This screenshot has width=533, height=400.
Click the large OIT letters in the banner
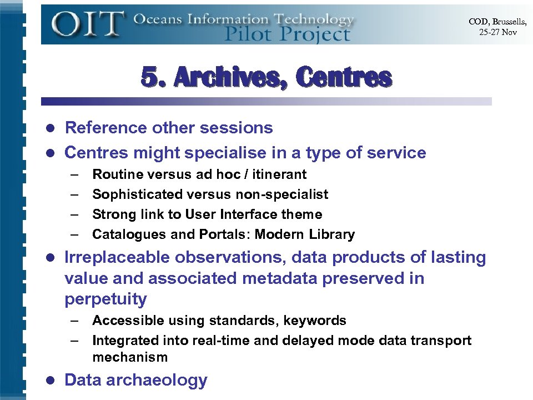[87, 24]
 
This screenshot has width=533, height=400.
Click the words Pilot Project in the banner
[287, 34]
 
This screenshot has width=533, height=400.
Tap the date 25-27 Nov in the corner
[497, 32]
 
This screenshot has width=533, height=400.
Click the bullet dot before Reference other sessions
[49, 128]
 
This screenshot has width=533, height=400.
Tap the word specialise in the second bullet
[221, 152]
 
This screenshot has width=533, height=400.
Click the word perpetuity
[105, 299]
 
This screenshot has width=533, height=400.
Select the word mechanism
[130, 357]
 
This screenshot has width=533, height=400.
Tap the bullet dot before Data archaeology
[49, 381]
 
